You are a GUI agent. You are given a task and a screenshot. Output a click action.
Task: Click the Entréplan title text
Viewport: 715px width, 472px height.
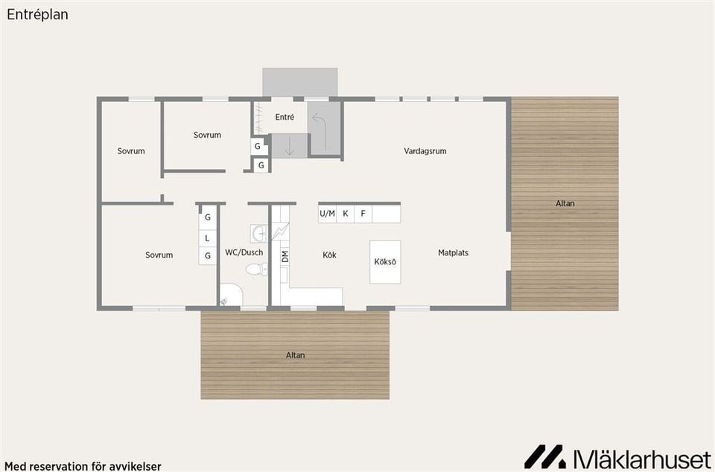(37, 15)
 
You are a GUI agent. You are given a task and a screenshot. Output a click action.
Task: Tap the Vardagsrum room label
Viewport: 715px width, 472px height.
(425, 151)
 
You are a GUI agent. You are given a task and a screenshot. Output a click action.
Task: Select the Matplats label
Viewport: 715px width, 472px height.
(453, 253)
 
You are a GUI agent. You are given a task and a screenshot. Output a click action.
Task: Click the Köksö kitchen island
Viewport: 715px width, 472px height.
(385, 262)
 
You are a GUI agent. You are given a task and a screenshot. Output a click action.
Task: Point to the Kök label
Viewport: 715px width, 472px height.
(329, 255)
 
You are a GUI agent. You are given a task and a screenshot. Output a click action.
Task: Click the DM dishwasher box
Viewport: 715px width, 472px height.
(285, 257)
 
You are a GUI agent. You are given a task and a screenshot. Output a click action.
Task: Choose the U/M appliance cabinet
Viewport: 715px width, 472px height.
(328, 214)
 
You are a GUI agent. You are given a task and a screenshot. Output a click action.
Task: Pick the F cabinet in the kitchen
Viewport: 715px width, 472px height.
(363, 214)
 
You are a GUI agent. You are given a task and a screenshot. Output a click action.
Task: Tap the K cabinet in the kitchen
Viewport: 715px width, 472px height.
(345, 214)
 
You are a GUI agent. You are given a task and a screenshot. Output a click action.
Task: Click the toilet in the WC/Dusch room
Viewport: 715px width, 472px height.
(256, 270)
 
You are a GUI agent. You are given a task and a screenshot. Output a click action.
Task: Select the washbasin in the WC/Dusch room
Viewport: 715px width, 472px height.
(259, 233)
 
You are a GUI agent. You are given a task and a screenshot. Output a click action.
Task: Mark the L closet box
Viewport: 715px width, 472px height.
(208, 237)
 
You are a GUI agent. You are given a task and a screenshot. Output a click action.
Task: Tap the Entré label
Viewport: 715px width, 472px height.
(285, 118)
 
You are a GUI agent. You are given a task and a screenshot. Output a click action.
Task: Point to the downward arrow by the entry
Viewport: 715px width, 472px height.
(290, 146)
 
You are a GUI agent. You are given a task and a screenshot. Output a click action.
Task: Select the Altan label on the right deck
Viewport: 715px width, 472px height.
(565, 204)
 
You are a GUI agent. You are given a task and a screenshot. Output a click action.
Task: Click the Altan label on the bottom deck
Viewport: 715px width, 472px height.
(295, 355)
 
